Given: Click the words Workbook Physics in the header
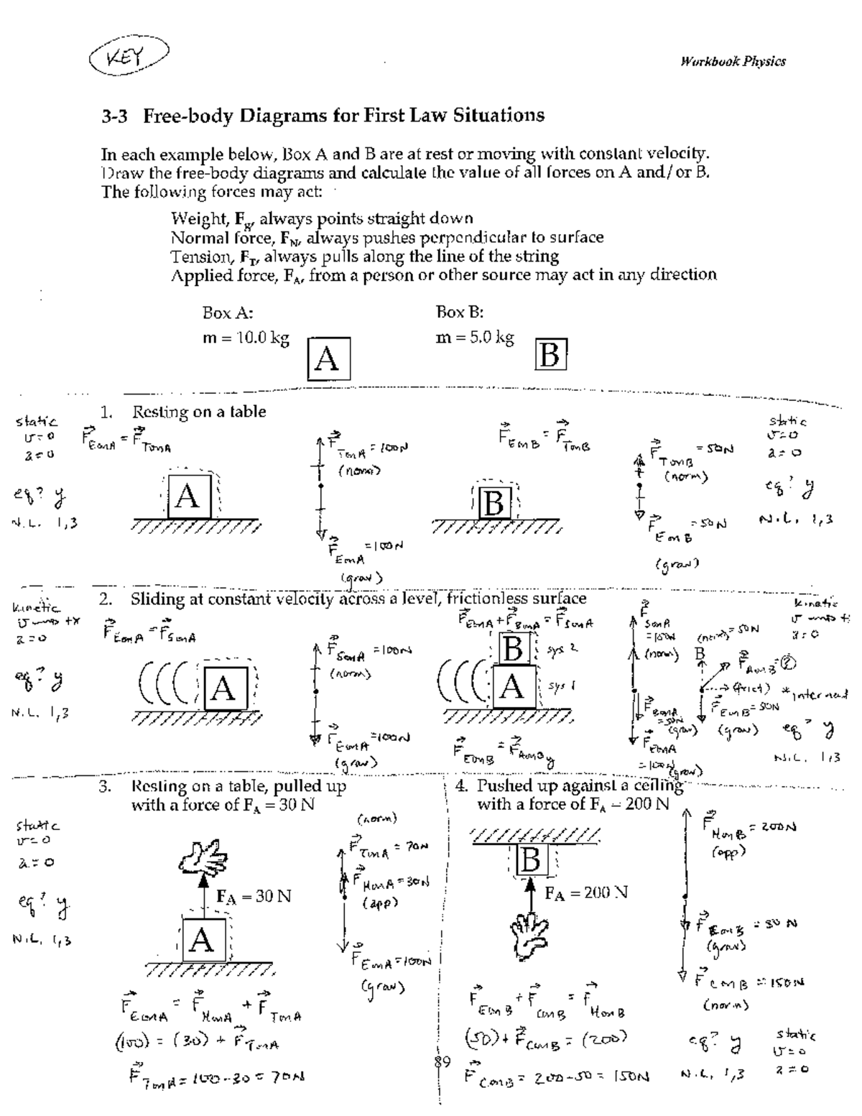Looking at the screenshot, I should coord(732,62).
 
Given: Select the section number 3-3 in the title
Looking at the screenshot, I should coord(114,116).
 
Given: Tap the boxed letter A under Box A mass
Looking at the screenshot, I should coord(327,358).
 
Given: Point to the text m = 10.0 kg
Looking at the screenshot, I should coord(246,338).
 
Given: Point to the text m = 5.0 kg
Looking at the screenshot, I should coord(475,338).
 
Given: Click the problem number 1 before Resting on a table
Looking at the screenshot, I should coord(106,412).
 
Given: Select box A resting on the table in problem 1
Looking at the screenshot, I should coord(188,496).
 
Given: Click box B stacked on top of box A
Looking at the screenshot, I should coord(513,650).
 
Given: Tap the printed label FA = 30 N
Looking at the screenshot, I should coord(254,897).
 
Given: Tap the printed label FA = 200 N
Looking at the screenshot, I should coord(586,893).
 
